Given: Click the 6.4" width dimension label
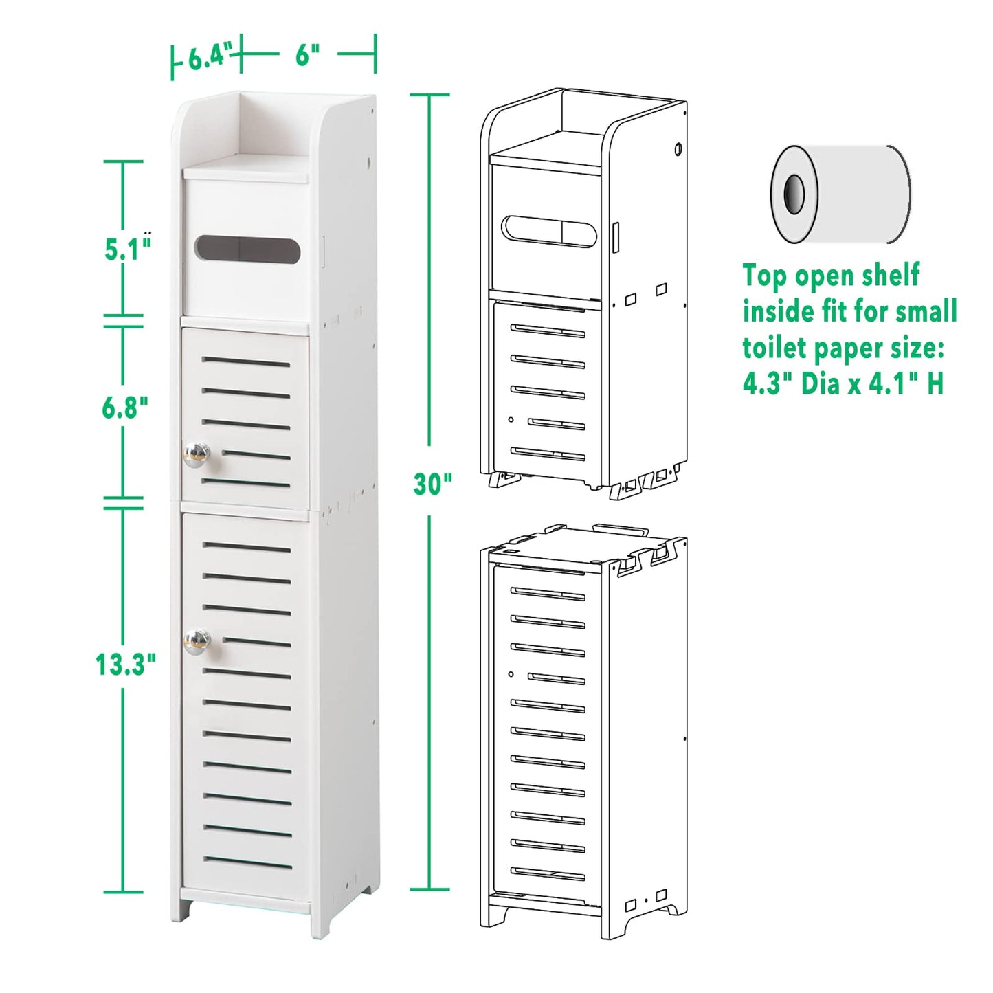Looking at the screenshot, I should click(x=206, y=57).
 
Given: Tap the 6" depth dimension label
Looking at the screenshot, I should click(x=307, y=55).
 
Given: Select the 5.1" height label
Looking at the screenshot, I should click(x=126, y=249).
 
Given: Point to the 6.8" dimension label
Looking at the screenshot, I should click(x=124, y=408).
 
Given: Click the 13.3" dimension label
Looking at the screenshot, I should click(x=124, y=665).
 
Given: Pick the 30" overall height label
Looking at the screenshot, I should click(x=432, y=484).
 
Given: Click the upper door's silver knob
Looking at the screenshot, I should click(x=196, y=454).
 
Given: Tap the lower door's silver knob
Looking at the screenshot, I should click(x=196, y=641).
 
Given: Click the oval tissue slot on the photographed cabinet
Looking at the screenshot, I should click(x=247, y=249).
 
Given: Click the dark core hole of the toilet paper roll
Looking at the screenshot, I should click(x=794, y=194).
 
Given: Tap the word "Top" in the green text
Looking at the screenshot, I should click(x=764, y=276).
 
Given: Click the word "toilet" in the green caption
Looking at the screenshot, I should click(x=774, y=348).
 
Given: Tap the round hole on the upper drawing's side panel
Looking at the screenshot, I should click(x=678, y=148).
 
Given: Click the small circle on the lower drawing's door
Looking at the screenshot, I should click(x=511, y=674).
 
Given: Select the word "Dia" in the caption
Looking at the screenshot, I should click(x=821, y=383).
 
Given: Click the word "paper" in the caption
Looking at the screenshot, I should click(x=845, y=349).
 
